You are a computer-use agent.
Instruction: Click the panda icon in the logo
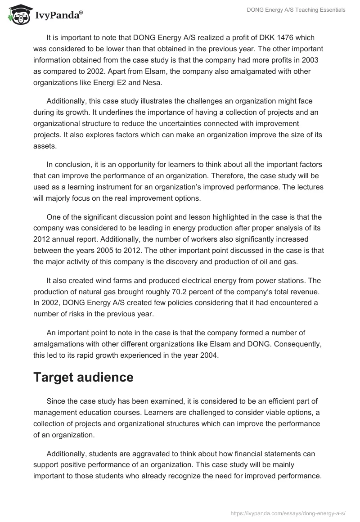tap(18, 15)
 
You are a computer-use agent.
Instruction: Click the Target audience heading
tap(83, 377)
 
